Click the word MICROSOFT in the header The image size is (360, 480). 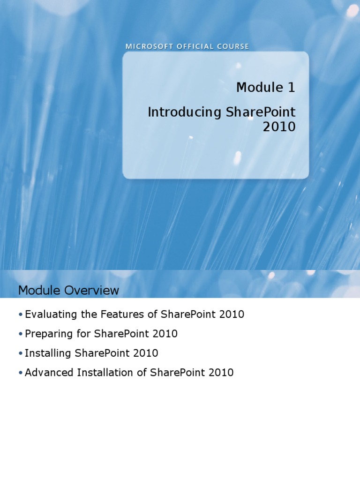150,46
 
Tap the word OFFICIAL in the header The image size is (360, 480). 195,46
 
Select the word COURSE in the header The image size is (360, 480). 233,46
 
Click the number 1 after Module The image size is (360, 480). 291,88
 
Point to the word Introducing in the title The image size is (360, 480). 185,112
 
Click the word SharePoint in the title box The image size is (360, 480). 261,112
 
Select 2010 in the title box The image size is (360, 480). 279,127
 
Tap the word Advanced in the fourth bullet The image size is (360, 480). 49,373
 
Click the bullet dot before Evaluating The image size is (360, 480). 21,315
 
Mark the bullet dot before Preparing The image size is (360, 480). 21,334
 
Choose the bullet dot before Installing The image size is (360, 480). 21,353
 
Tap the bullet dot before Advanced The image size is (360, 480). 21,373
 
